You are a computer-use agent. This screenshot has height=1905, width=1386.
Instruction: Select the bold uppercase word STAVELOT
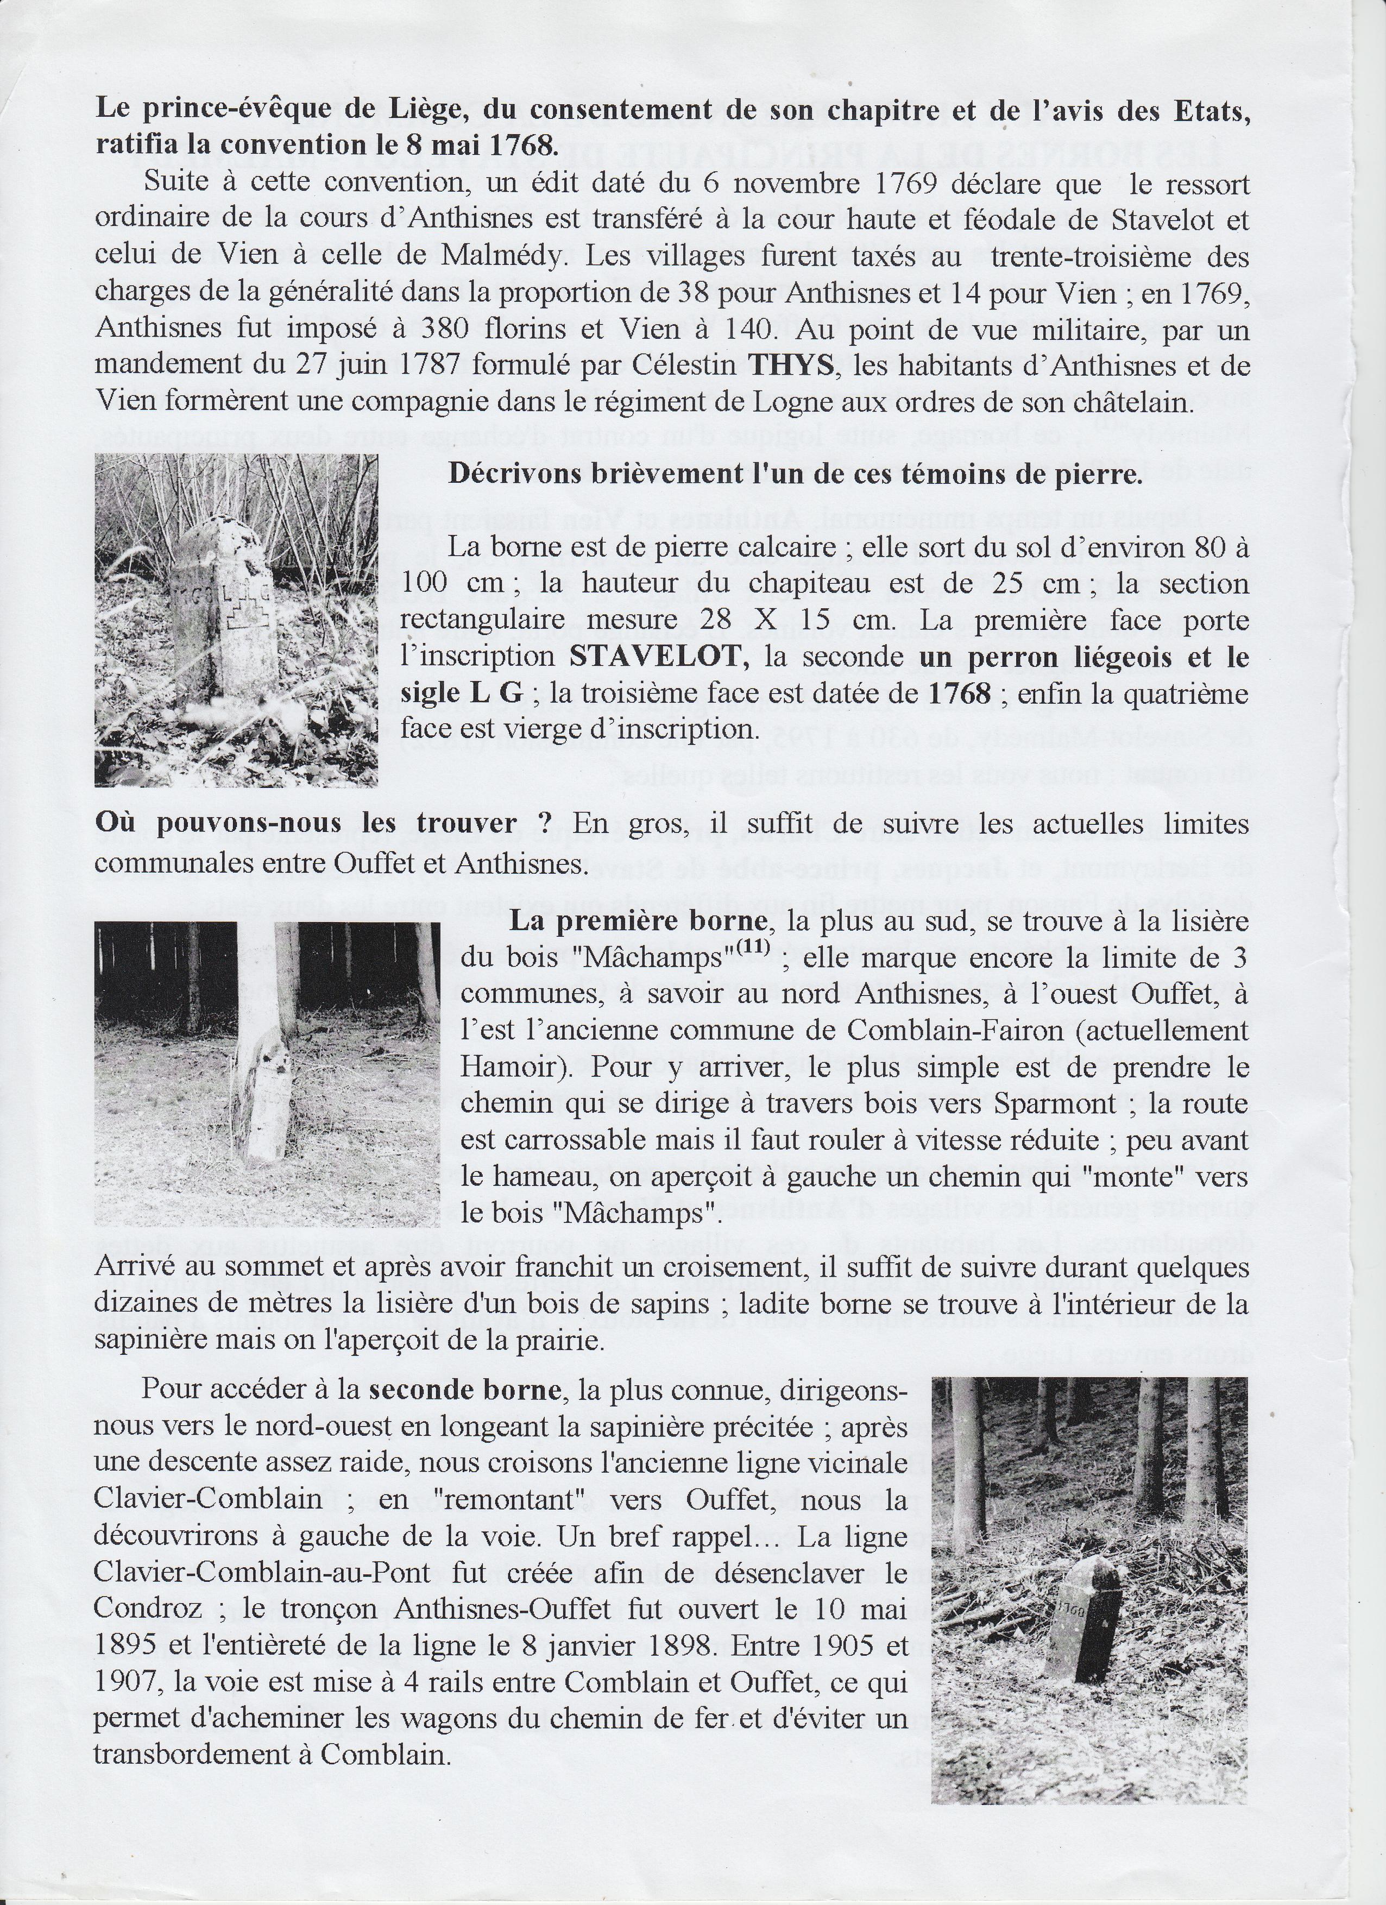[x=659, y=656]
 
